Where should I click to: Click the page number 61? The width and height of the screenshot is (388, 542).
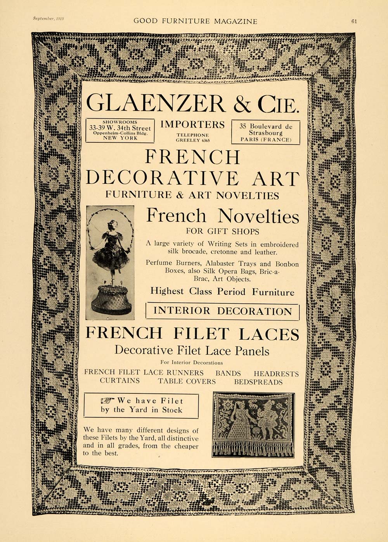click(354, 21)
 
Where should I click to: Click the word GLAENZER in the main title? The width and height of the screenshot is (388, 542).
click(155, 104)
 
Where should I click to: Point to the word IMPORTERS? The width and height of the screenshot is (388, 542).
click(192, 125)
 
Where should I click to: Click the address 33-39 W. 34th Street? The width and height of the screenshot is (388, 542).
click(120, 128)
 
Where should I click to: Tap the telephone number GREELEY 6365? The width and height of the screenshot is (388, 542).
click(193, 140)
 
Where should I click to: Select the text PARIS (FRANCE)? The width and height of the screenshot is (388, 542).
click(265, 139)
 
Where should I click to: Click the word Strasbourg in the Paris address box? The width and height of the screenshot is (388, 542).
click(266, 133)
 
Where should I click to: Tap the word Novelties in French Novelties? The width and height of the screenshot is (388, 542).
click(258, 216)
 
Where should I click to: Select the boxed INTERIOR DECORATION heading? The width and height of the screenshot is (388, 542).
click(222, 311)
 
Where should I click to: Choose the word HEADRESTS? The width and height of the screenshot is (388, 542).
click(276, 374)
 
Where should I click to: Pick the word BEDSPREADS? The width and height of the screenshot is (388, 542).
click(258, 382)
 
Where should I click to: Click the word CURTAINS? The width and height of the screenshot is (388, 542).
click(120, 381)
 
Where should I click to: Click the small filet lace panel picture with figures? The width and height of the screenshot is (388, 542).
click(253, 419)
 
